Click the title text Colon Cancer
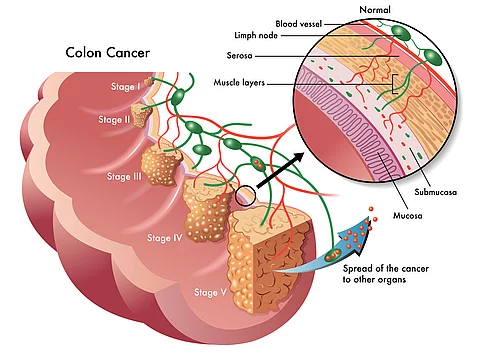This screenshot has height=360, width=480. tap(109, 51)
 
